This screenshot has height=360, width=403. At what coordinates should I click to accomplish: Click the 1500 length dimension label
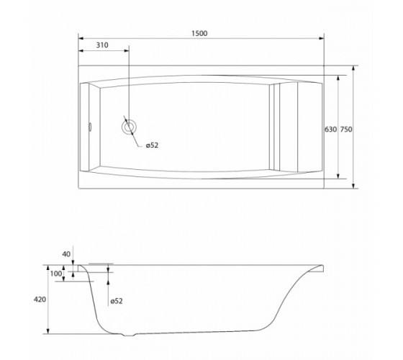pos(199,33)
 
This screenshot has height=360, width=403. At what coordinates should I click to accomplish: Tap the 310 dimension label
pos(102,45)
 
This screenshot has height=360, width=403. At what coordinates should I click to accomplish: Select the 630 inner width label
pos(330,130)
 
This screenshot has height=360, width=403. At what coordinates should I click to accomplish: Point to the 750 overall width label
pos(346,130)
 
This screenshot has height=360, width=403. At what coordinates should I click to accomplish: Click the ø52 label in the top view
pos(152,145)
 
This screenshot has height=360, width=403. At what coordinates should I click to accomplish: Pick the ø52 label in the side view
pos(117,301)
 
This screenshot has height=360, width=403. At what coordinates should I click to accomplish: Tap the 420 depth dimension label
pos(40,300)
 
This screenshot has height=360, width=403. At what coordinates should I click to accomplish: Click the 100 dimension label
pos(56,274)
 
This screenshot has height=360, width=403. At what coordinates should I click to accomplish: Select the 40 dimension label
pos(66,254)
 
